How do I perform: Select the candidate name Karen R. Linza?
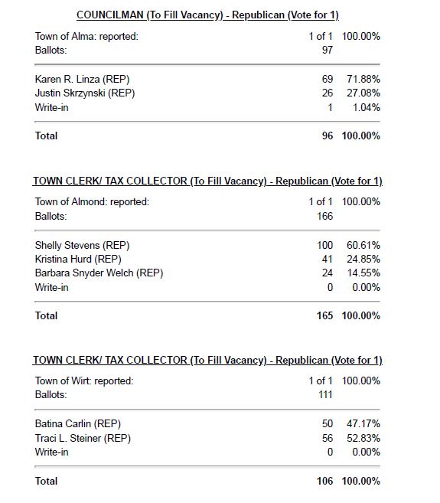tap(82, 79)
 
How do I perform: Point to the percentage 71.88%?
tap(361, 79)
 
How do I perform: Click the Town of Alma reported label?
tap(86, 37)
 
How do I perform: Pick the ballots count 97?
tap(326, 50)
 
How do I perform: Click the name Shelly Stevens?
tap(82, 245)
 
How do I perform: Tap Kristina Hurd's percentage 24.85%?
tap(361, 259)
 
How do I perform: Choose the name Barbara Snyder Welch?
tap(99, 273)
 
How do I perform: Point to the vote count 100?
tap(324, 245)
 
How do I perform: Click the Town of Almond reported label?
tap(92, 202)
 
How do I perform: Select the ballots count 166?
tap(324, 216)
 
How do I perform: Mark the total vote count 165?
tap(324, 315)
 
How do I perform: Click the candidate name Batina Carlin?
tap(77, 423)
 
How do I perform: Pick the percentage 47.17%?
tap(361, 423)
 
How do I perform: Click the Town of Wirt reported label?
tap(84, 381)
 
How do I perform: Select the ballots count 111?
tap(324, 394)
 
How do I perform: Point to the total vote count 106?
tap(324, 481)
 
